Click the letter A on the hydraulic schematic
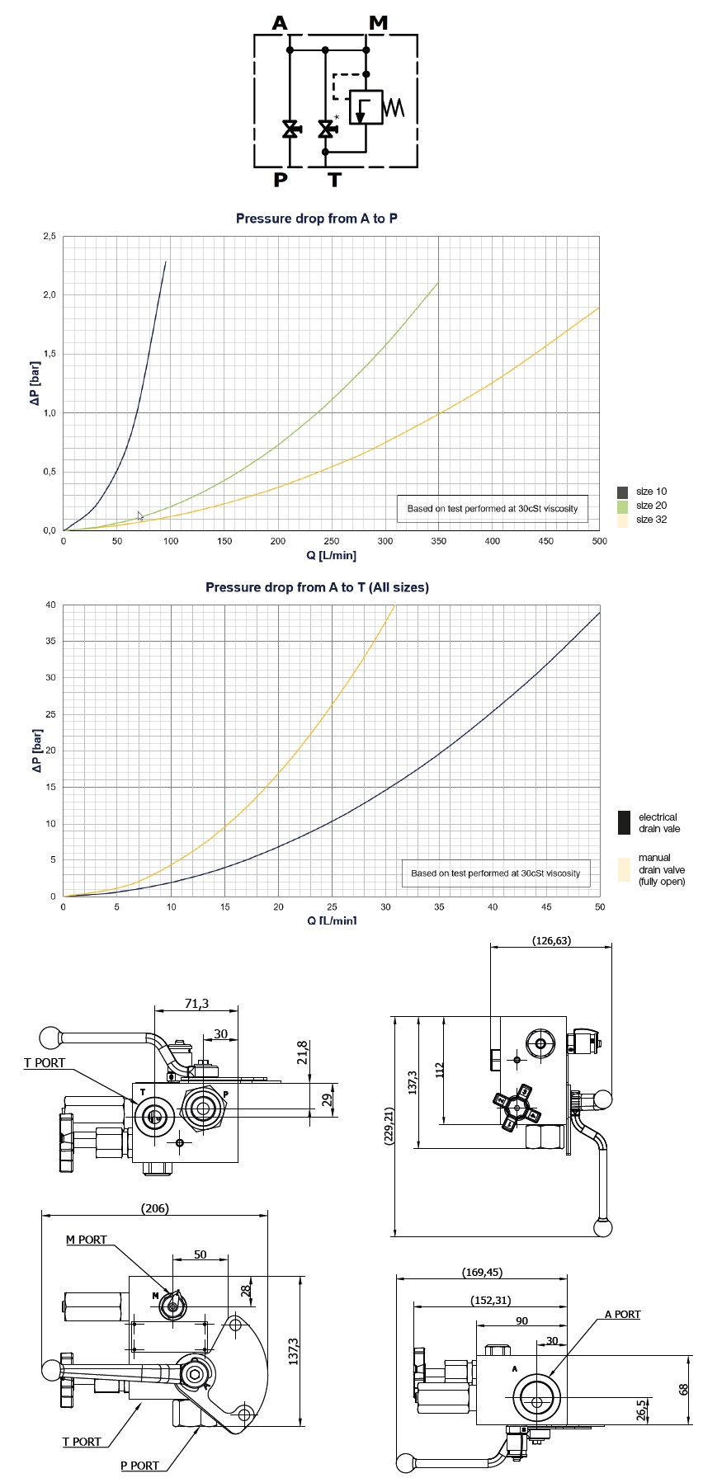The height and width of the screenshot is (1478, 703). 281,23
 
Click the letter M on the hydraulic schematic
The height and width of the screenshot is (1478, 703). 378,23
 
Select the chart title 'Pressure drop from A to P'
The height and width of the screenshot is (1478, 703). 317,219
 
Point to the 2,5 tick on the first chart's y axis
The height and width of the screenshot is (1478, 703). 50,237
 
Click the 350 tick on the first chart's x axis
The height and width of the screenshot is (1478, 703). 439,541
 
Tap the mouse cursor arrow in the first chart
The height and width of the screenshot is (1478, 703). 140,516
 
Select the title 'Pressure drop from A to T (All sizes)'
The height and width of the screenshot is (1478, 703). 317,587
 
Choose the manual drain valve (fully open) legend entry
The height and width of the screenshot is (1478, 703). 661,870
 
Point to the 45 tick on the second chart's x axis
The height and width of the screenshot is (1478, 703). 546,907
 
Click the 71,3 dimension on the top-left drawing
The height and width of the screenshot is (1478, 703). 196,1004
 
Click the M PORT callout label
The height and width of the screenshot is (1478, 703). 87,1240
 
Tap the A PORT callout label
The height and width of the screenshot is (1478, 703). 622,1314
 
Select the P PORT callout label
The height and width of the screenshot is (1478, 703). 139,1465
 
